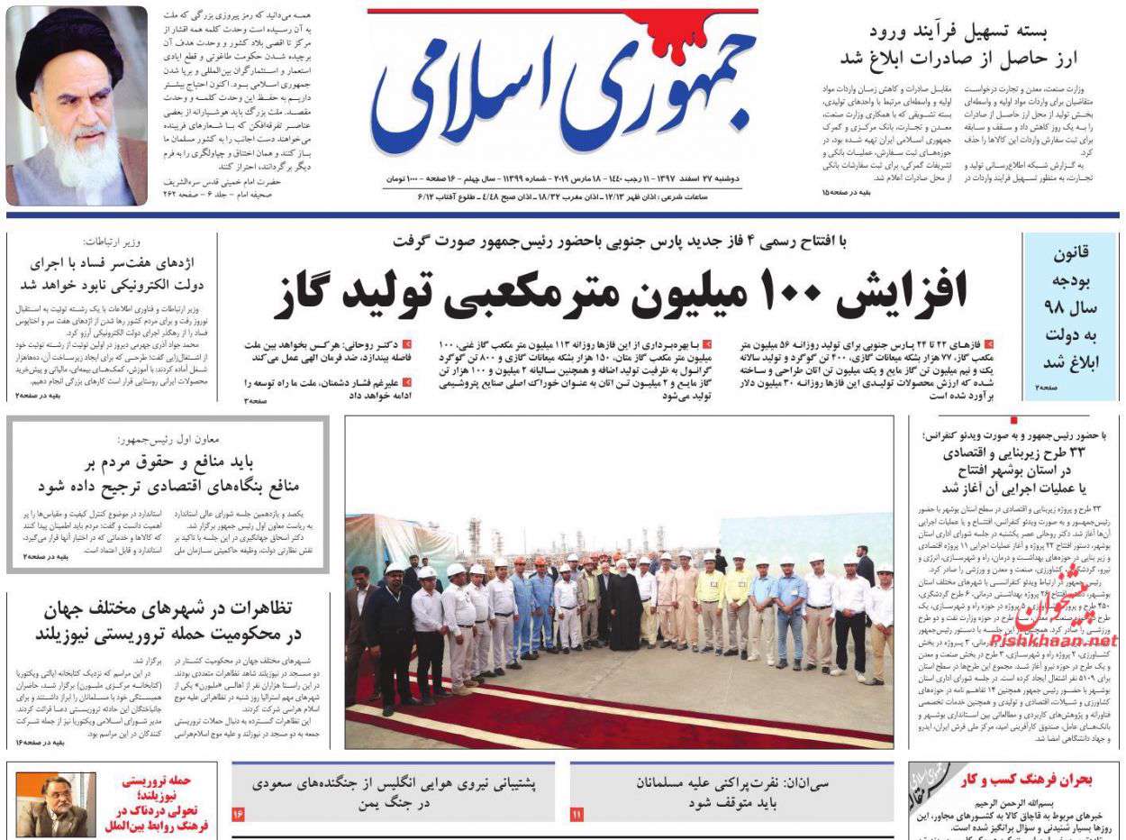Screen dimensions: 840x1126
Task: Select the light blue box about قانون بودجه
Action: (1069, 315)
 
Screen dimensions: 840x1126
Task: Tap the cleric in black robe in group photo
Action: (624, 604)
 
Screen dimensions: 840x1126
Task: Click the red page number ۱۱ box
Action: (577, 814)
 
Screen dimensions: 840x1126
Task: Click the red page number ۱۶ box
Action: (239, 814)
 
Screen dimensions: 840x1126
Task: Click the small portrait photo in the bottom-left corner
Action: (55, 805)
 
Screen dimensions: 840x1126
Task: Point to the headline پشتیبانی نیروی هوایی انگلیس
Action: (393, 793)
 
